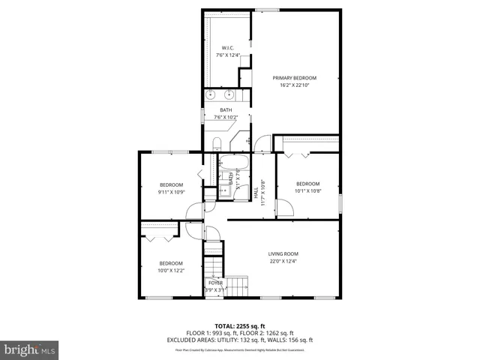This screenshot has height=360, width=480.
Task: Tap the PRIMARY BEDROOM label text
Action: pyautogui.click(x=294, y=78)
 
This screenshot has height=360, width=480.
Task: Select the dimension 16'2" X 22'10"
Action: pyautogui.click(x=294, y=85)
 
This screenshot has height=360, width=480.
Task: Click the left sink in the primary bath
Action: pyautogui.click(x=212, y=95)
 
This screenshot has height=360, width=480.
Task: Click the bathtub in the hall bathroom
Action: pyautogui.click(x=234, y=163)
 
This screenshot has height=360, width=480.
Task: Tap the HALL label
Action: pyautogui.click(x=256, y=193)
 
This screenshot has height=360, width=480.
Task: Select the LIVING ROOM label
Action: pyautogui.click(x=283, y=253)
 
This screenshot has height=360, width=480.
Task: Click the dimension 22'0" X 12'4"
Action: pyautogui.click(x=283, y=262)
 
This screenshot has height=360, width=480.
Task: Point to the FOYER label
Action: pyautogui.click(x=215, y=282)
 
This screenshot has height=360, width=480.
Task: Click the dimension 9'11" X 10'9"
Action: pyautogui.click(x=171, y=193)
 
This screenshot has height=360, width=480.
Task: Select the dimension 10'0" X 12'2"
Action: pyautogui.click(x=170, y=271)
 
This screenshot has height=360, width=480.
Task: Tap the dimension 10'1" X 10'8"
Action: pyautogui.click(x=307, y=191)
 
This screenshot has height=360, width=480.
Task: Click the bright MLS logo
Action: pyautogui.click(x=29, y=349)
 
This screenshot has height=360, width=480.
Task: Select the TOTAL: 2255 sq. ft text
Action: pyautogui.click(x=240, y=326)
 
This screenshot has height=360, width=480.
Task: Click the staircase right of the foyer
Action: pyautogui.click(x=238, y=285)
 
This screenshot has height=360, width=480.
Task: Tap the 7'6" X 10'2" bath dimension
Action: pyautogui.click(x=226, y=118)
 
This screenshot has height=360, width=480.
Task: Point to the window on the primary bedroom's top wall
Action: pyautogui.click(x=266, y=10)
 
